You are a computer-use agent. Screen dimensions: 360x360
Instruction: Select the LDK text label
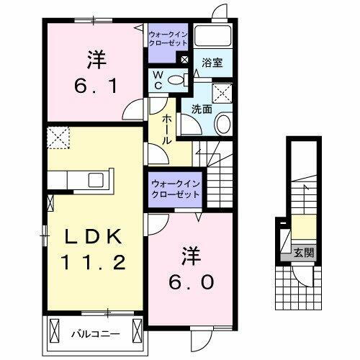pos(91,238)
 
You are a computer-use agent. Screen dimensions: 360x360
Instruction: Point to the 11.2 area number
pos(91,261)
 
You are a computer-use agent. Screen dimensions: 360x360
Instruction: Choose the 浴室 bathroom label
pos(212,63)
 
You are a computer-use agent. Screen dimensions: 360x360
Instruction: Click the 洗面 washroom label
pos(201,109)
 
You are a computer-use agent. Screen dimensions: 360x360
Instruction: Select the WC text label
pos(156,80)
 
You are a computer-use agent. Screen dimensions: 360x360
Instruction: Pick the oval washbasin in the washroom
pos(222,123)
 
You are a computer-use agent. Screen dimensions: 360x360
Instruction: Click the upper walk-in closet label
pos(168,37)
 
